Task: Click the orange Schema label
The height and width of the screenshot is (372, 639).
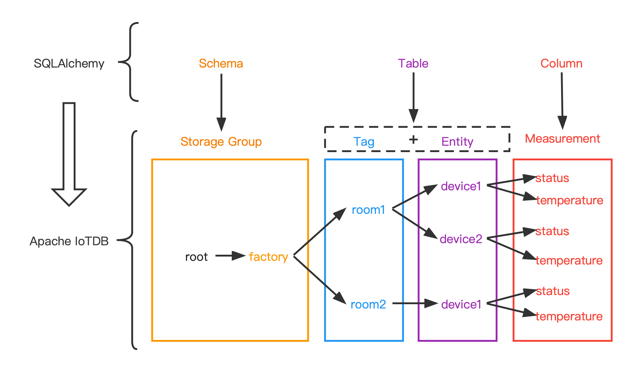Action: point(221,64)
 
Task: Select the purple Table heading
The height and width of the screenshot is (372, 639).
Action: point(413,64)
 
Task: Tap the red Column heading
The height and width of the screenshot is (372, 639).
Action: point(561,64)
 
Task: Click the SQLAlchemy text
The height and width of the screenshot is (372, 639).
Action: point(69,64)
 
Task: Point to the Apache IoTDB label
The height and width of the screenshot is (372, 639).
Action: point(69,241)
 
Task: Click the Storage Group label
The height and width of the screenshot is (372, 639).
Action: point(221,142)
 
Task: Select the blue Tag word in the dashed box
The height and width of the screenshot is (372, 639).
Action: point(364,142)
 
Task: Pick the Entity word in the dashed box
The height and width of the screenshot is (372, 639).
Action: point(457,142)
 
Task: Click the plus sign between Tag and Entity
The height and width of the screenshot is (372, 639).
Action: point(413,140)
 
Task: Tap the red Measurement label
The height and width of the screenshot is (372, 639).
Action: point(563,139)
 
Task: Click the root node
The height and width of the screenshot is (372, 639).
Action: point(196,257)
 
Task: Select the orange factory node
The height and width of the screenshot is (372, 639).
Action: point(268,257)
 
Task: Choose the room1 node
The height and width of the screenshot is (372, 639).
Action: point(368,210)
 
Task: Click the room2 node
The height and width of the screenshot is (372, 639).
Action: point(368,305)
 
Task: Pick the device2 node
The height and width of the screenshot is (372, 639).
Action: point(461,239)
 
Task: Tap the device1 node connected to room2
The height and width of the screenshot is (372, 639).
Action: point(461,305)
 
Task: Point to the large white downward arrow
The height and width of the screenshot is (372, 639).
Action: point(69,153)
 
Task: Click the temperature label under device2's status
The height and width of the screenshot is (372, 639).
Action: point(569,261)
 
